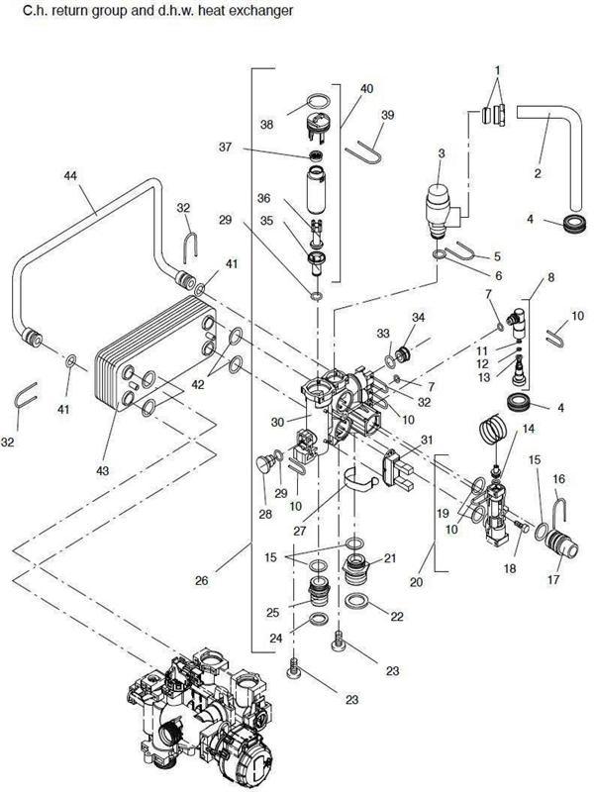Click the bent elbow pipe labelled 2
(549, 148)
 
